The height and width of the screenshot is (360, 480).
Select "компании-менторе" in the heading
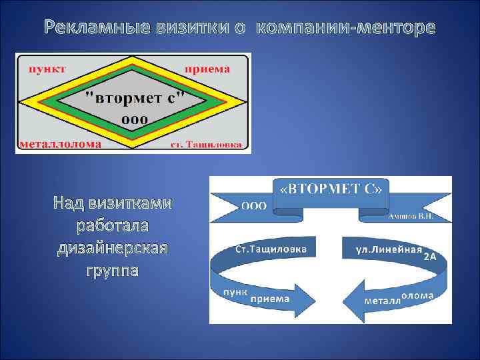(x=345, y=28)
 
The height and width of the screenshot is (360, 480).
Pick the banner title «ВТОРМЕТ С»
(x=331, y=188)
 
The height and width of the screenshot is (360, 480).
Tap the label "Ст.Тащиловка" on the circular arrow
(x=271, y=249)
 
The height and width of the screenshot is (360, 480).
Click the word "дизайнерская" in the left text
(x=113, y=248)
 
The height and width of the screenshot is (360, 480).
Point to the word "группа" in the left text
(x=113, y=271)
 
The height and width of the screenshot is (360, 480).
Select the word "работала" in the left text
(x=113, y=225)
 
